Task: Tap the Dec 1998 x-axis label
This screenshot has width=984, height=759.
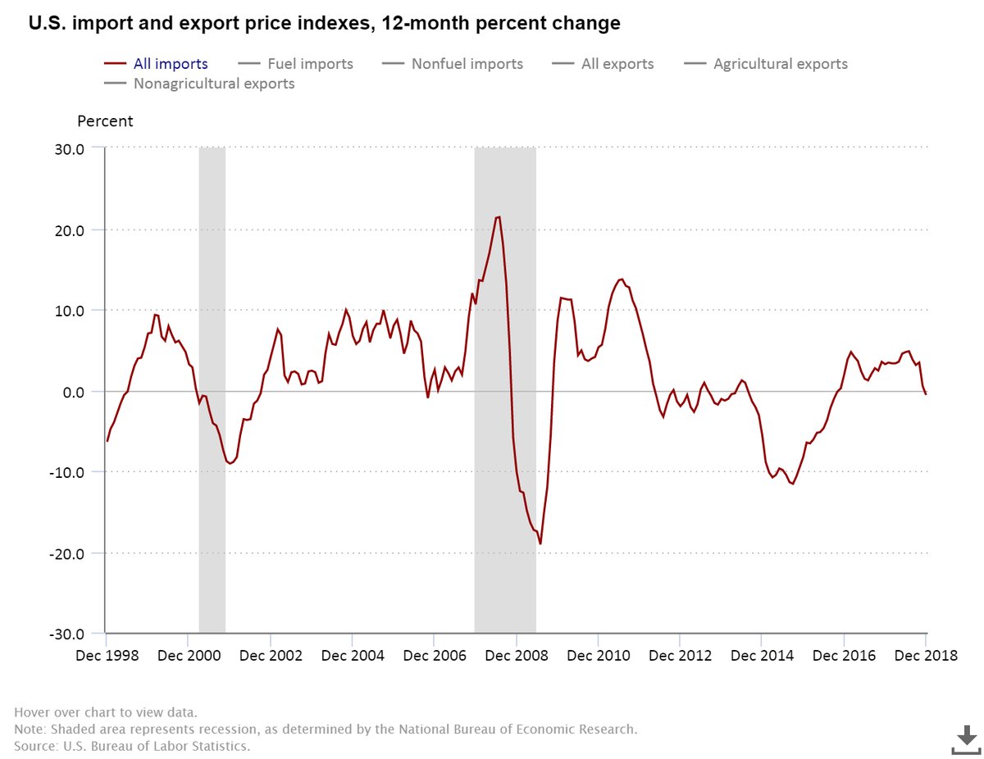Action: pos(106,657)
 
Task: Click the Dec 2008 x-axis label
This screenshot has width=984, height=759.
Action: pos(516,657)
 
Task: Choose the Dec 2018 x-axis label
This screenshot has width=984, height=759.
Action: pos(926,657)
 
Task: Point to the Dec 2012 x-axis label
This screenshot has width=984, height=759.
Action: pos(680,657)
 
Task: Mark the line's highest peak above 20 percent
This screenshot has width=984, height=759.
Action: pos(499,217)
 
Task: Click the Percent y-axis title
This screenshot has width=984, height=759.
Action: pos(105,121)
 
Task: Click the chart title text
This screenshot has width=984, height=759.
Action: pos(325,25)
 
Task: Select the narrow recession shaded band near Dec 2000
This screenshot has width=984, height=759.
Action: pos(212,390)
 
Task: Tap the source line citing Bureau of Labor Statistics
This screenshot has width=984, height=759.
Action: pos(132,747)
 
